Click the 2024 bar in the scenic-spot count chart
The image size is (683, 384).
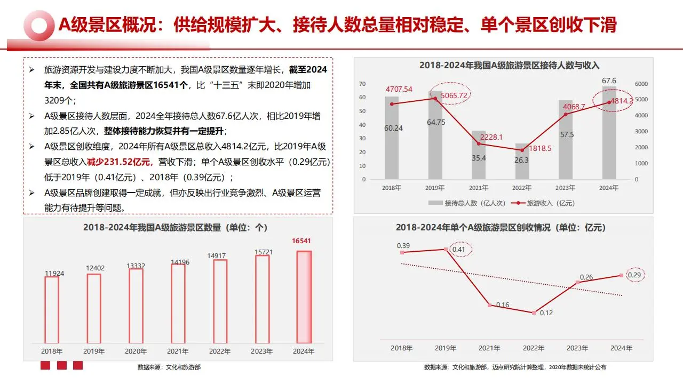304,297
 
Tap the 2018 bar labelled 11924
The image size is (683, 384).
52,309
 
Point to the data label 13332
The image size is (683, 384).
136,266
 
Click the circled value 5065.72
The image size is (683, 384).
451,95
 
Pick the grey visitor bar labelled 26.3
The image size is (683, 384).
522,161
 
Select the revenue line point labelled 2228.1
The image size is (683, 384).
479,143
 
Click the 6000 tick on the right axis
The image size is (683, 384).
640,84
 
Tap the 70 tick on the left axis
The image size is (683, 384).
362,84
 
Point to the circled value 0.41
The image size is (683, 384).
458,249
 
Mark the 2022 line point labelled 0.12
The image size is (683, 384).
533,313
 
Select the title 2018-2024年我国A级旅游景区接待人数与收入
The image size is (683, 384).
509,66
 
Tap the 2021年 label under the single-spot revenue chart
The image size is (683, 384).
489,348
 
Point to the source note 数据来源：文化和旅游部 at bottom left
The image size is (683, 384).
169,367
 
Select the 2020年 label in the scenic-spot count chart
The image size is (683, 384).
136,351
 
